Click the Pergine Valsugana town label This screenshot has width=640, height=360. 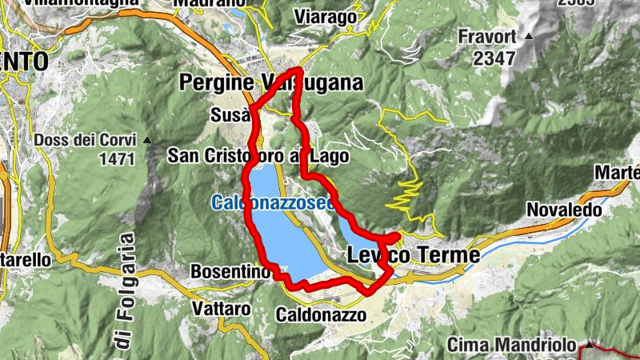click(x=271, y=82)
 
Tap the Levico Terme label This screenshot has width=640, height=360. click(x=414, y=255)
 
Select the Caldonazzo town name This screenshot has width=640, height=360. click(x=321, y=315)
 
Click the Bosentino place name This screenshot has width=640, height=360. click(x=230, y=272)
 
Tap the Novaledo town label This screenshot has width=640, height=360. click(x=559, y=209)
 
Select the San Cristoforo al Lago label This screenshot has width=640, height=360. click(x=258, y=156)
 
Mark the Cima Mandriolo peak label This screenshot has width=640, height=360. click(x=511, y=345)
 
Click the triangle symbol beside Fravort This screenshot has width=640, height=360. click(x=528, y=37)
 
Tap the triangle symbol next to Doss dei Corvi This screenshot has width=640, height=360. click(x=147, y=140)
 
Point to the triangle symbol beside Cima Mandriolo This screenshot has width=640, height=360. click(x=589, y=345)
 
